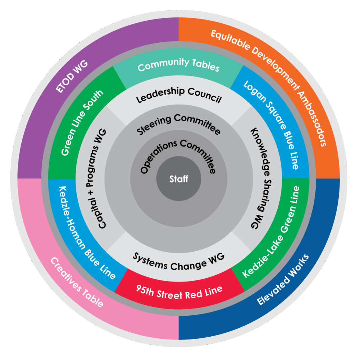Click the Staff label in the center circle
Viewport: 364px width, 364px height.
pyautogui.click(x=179, y=179)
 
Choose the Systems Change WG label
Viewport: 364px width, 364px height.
pyautogui.click(x=178, y=261)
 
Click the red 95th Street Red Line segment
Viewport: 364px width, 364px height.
pyautogui.click(x=179, y=291)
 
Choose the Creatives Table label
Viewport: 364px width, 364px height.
pyautogui.click(x=77, y=282)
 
